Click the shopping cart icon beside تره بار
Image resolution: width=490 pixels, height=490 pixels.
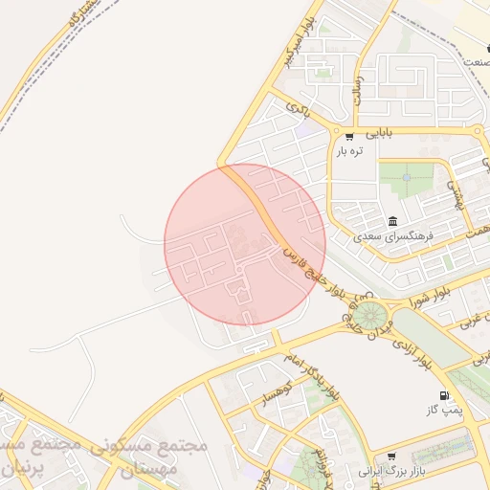click(x=349, y=136)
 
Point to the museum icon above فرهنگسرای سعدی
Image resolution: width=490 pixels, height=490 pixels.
click(x=394, y=221)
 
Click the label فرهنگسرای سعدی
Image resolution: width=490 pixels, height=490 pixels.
click(x=393, y=235)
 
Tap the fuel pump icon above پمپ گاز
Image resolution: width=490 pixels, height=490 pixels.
click(x=443, y=395)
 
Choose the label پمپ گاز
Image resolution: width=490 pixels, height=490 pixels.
click(x=444, y=410)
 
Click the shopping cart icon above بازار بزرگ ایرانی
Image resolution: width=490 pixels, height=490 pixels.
click(x=391, y=457)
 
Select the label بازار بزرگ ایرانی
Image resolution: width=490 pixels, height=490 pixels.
click(x=390, y=471)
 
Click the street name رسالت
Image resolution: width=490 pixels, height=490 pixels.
click(x=358, y=91)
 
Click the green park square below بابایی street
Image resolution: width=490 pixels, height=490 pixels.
click(x=405, y=179)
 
